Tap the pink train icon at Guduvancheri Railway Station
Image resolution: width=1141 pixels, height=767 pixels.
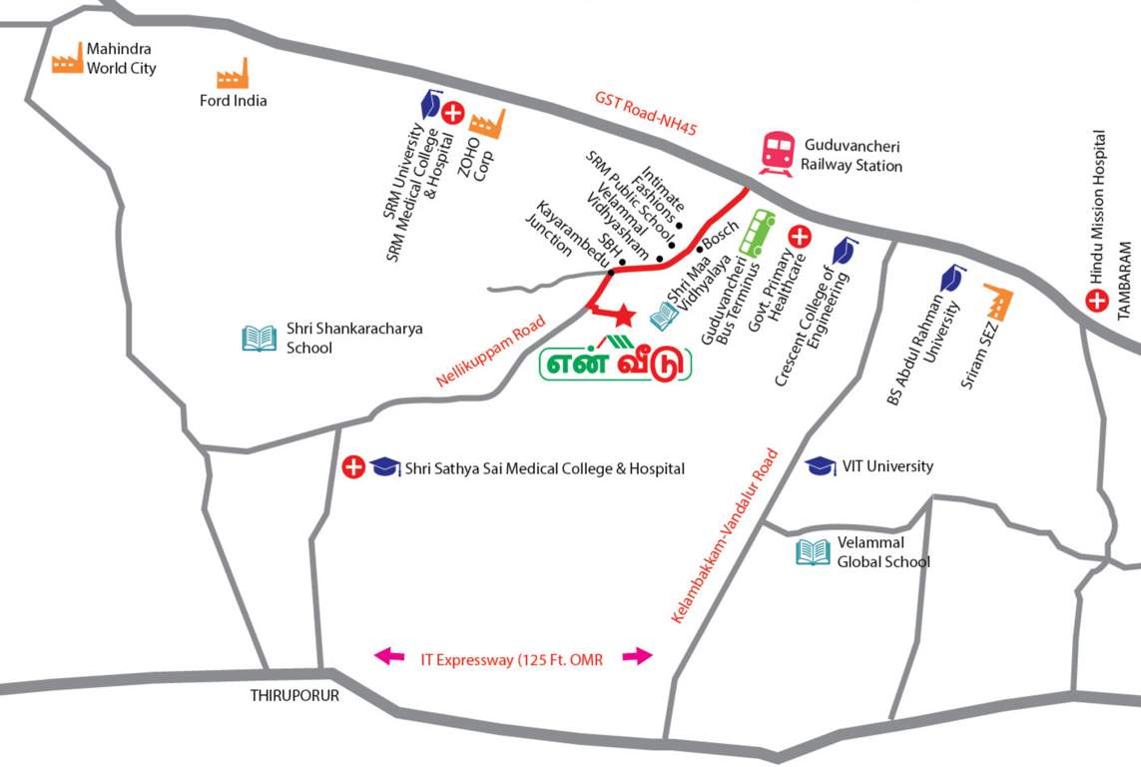777,154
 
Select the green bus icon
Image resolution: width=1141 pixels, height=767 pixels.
757,233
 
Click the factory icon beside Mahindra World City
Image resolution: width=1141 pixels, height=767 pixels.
67,59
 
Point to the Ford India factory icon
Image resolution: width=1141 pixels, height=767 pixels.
233,73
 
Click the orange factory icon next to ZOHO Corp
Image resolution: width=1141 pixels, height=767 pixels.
487,123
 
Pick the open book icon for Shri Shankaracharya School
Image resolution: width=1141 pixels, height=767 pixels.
260,339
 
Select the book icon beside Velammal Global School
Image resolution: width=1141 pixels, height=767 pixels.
813,552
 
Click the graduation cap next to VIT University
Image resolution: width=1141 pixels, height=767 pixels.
821,466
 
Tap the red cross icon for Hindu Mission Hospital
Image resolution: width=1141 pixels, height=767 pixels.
1097,301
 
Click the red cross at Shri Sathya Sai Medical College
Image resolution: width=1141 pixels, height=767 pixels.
353,467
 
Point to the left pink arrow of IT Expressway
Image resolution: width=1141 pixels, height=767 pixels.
389,656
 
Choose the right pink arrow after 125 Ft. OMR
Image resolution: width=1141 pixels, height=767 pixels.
637,656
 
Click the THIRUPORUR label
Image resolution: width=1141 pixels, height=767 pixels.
294,696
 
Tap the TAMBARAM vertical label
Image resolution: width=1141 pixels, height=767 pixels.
1127,279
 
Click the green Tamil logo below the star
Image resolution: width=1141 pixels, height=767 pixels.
616,362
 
